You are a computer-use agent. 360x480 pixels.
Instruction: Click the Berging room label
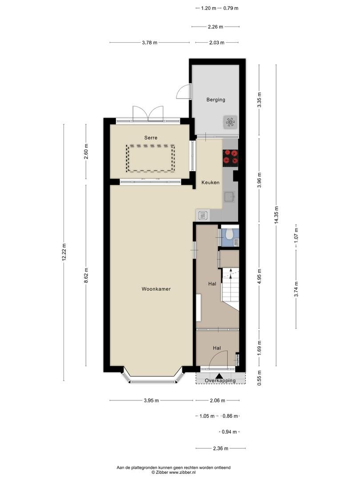[x=216, y=100]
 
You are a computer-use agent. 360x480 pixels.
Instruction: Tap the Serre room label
[x=151, y=138]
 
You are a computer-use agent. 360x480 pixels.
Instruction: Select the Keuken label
[x=210, y=183]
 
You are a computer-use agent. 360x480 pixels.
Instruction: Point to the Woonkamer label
[x=156, y=289]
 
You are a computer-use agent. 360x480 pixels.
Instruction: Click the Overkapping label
[x=220, y=380]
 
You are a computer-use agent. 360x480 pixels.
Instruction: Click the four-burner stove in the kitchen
[x=230, y=157]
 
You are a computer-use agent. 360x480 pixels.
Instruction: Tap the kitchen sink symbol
[x=230, y=196]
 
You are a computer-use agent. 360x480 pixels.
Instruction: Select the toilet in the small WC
[x=229, y=235]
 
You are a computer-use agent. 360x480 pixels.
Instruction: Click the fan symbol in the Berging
[x=230, y=123]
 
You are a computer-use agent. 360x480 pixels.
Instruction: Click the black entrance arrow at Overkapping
[x=219, y=376]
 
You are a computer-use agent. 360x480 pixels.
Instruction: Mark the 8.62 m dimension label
[x=86, y=276]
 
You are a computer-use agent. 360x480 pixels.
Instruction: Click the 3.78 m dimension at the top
[x=150, y=43]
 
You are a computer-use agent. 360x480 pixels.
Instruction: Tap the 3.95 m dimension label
[x=151, y=400]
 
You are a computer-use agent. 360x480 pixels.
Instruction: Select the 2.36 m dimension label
[x=221, y=448]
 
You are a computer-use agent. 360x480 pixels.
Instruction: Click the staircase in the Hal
[x=230, y=288]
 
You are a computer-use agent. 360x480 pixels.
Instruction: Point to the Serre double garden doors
[x=148, y=113]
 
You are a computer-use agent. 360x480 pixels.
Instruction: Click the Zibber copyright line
[x=174, y=472]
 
